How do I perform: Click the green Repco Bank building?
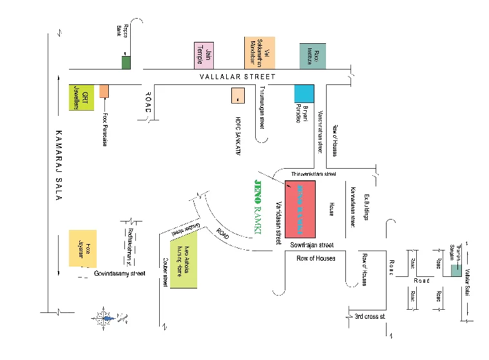pos(126,62)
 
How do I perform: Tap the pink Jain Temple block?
pos(204,55)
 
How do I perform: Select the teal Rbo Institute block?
pos(312,55)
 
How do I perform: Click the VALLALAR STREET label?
pos(237,77)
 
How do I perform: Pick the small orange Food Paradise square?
pos(104,91)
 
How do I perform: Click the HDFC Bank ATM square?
pos(238,95)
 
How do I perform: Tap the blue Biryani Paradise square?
pos(304,93)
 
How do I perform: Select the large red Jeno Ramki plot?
pos(302,207)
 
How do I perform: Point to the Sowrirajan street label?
pos(312,245)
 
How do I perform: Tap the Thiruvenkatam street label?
pos(314,175)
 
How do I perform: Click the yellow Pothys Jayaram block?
pos(83,248)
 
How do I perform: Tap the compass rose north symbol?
pos(107,316)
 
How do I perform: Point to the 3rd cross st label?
pos(369,316)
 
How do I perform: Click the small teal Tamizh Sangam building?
pos(455,271)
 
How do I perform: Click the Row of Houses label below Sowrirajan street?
pos(316,258)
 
